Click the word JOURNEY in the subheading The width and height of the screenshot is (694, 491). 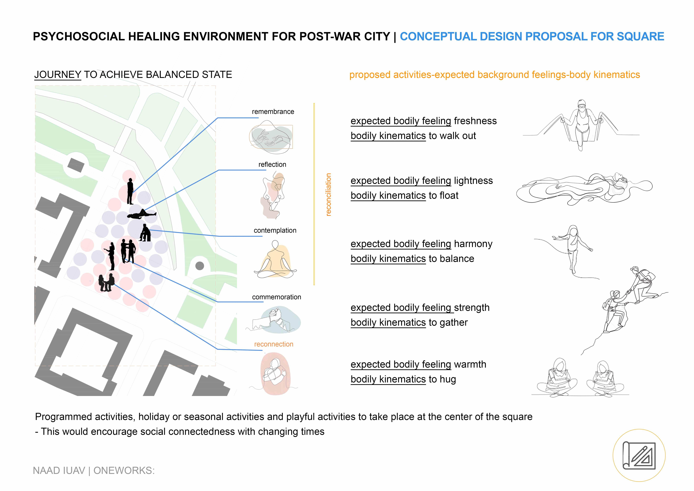pos(58,75)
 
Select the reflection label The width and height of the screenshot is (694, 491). pos(272,164)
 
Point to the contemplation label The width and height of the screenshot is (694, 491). pos(275,230)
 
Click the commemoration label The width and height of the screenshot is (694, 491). pos(276,297)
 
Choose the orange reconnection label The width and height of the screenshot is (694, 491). pos(274,344)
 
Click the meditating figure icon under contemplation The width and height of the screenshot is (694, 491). pos(275,260)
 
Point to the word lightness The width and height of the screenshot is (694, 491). pos(473,181)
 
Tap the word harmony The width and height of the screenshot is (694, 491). pos(473,244)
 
